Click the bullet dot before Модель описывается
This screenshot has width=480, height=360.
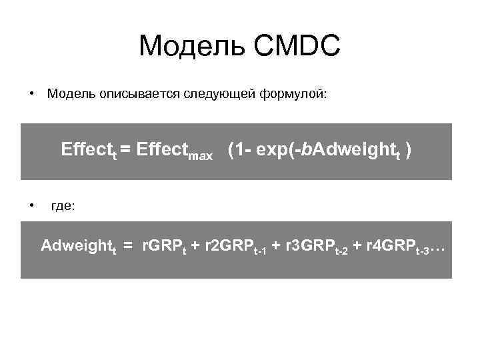(x=31, y=95)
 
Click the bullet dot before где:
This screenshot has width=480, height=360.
(x=31, y=207)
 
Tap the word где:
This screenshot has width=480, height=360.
(x=63, y=207)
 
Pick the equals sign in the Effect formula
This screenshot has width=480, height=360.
(x=125, y=149)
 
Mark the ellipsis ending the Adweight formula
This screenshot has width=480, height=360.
(x=437, y=249)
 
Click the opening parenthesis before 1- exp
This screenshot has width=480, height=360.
(x=231, y=149)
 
